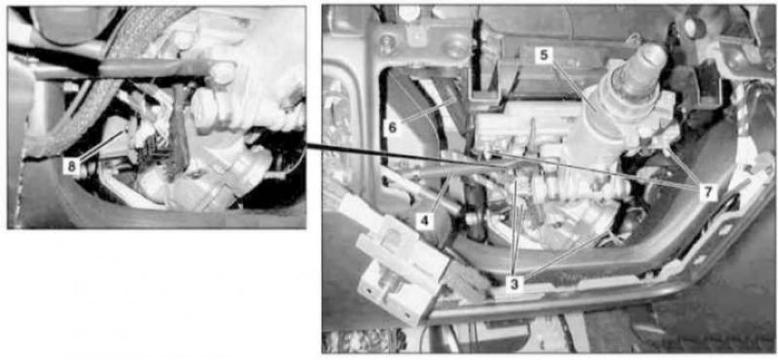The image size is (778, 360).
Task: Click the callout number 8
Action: (72, 166)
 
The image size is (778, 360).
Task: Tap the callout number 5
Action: (545, 55)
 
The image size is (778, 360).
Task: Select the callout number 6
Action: (393, 127)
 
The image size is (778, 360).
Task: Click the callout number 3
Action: (514, 283)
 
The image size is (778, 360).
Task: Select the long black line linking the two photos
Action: (406, 157)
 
